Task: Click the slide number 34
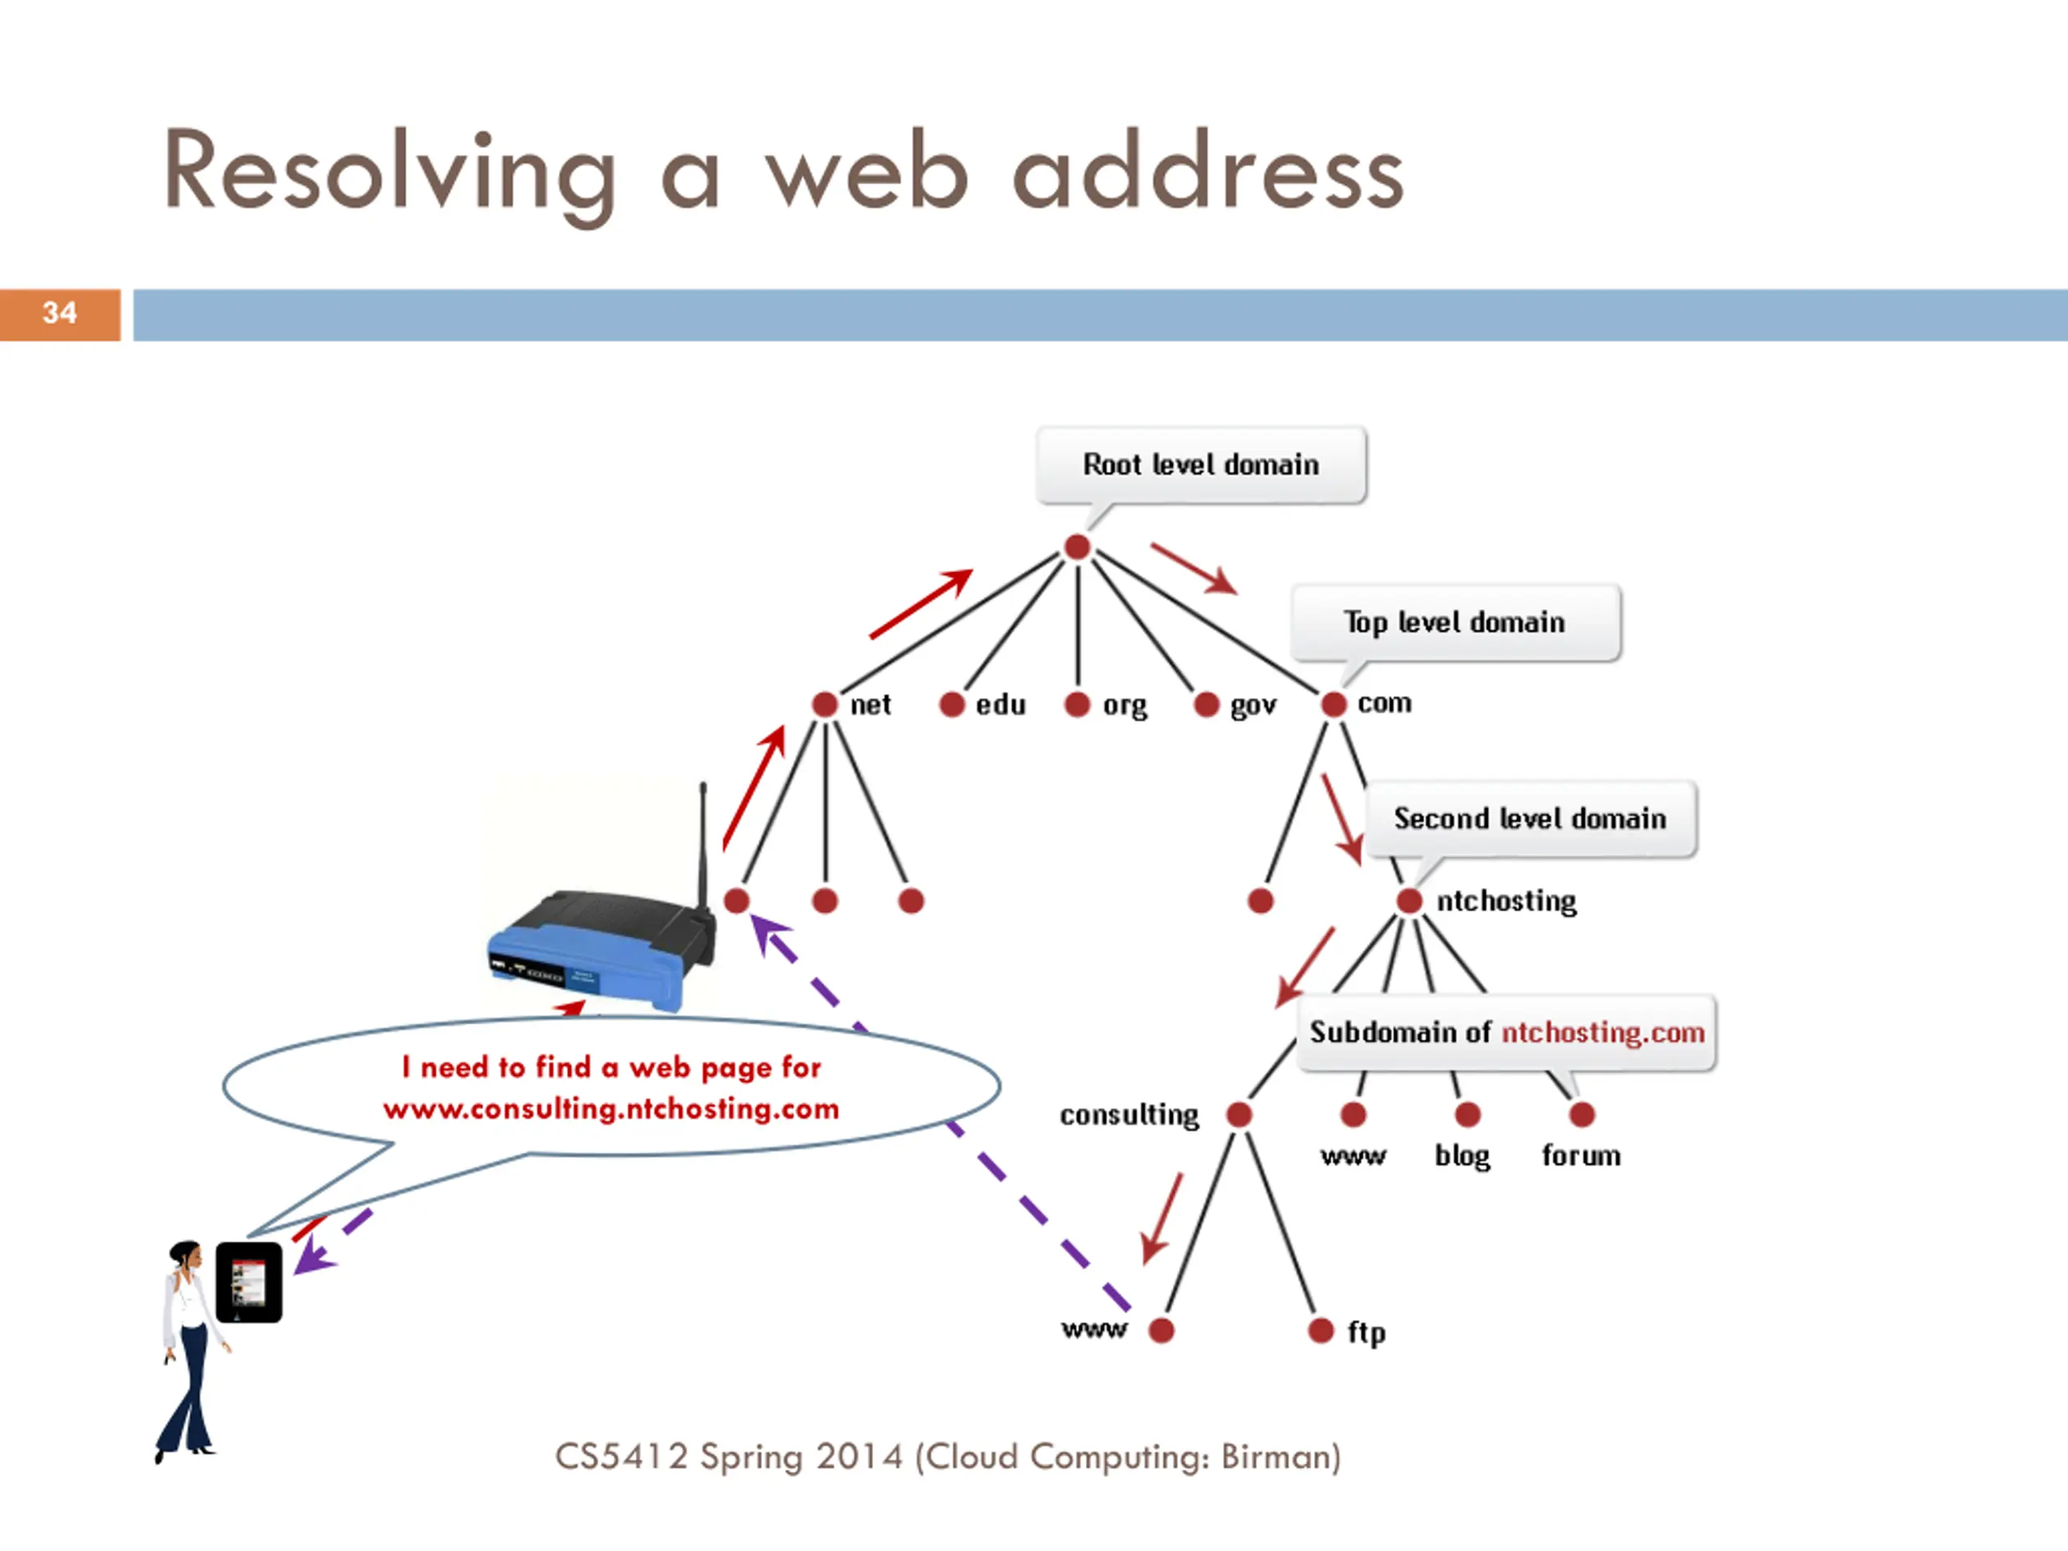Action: pos(59,313)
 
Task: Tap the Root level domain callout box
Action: pos(1200,464)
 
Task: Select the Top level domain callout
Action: pos(1455,623)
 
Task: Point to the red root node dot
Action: pos(1077,547)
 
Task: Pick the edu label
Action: pos(1000,705)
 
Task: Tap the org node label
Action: pos(1124,706)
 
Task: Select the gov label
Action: pos(1253,706)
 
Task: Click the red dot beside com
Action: pos(1333,704)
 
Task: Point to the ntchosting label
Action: pos(1506,902)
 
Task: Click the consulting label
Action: pos(1129,1115)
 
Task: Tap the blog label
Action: pos(1462,1157)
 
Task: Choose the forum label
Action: pos(1581,1157)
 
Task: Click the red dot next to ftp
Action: pos(1320,1330)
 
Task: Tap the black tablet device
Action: pos(249,1282)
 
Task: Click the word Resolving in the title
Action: pos(389,173)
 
